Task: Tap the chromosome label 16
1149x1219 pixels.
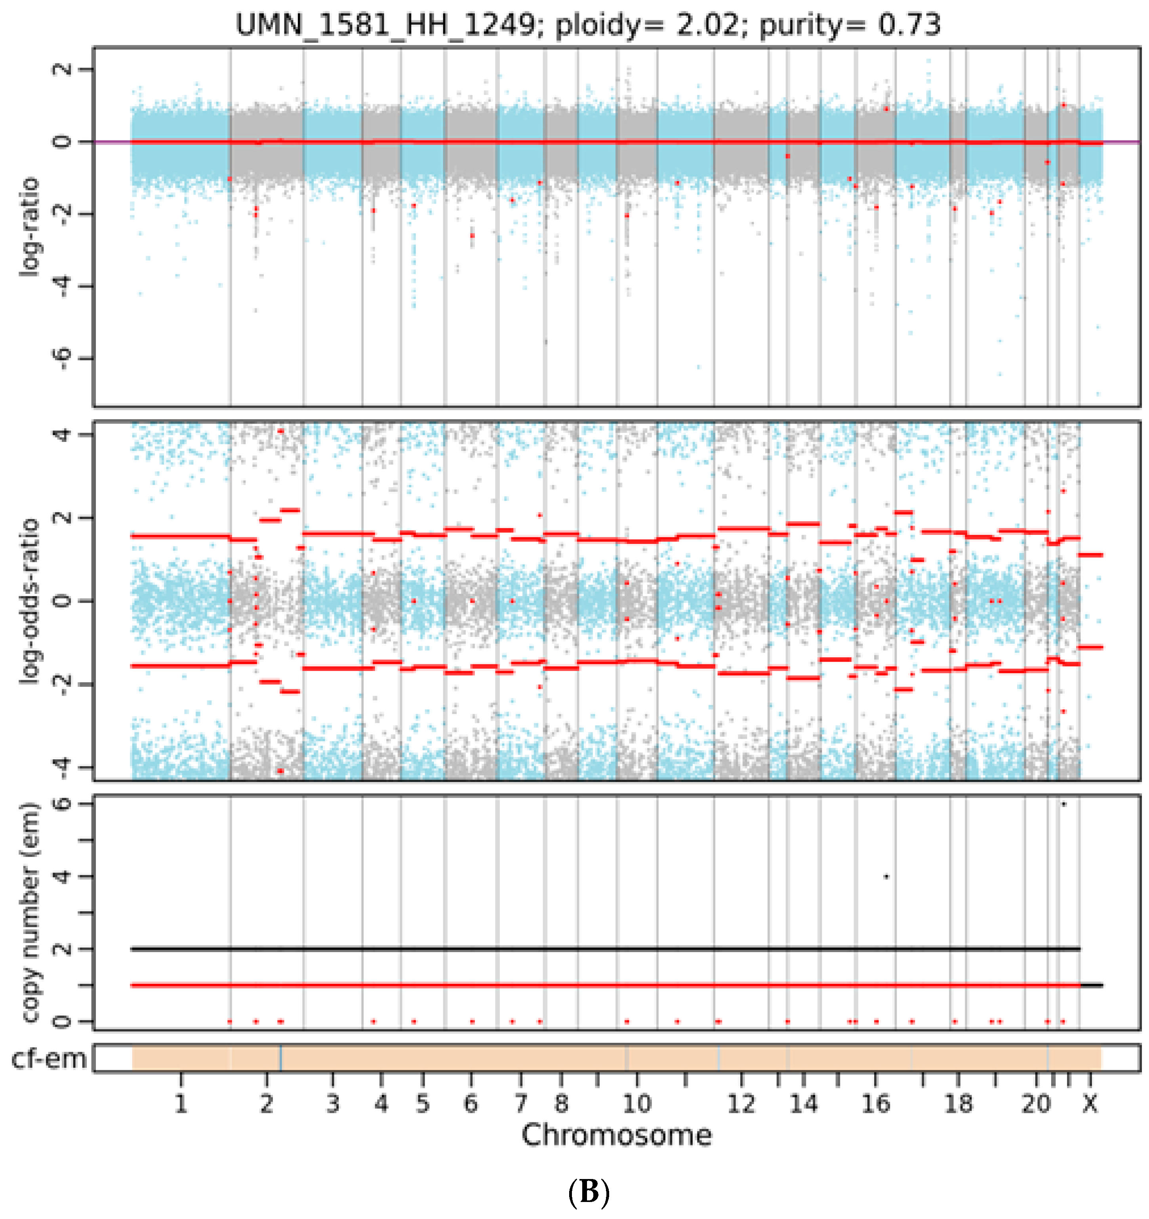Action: tap(875, 1104)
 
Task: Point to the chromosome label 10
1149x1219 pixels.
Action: tap(637, 1104)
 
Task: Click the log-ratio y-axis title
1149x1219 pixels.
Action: tap(29, 227)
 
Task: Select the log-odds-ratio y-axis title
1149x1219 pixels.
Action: tap(29, 601)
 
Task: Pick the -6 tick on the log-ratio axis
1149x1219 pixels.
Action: tap(61, 359)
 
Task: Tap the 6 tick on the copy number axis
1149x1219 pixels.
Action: tap(61, 804)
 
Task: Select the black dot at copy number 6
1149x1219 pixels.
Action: tap(1063, 804)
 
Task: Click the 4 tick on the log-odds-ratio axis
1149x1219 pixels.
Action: tap(61, 435)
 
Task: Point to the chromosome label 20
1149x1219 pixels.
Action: tap(1035, 1104)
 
